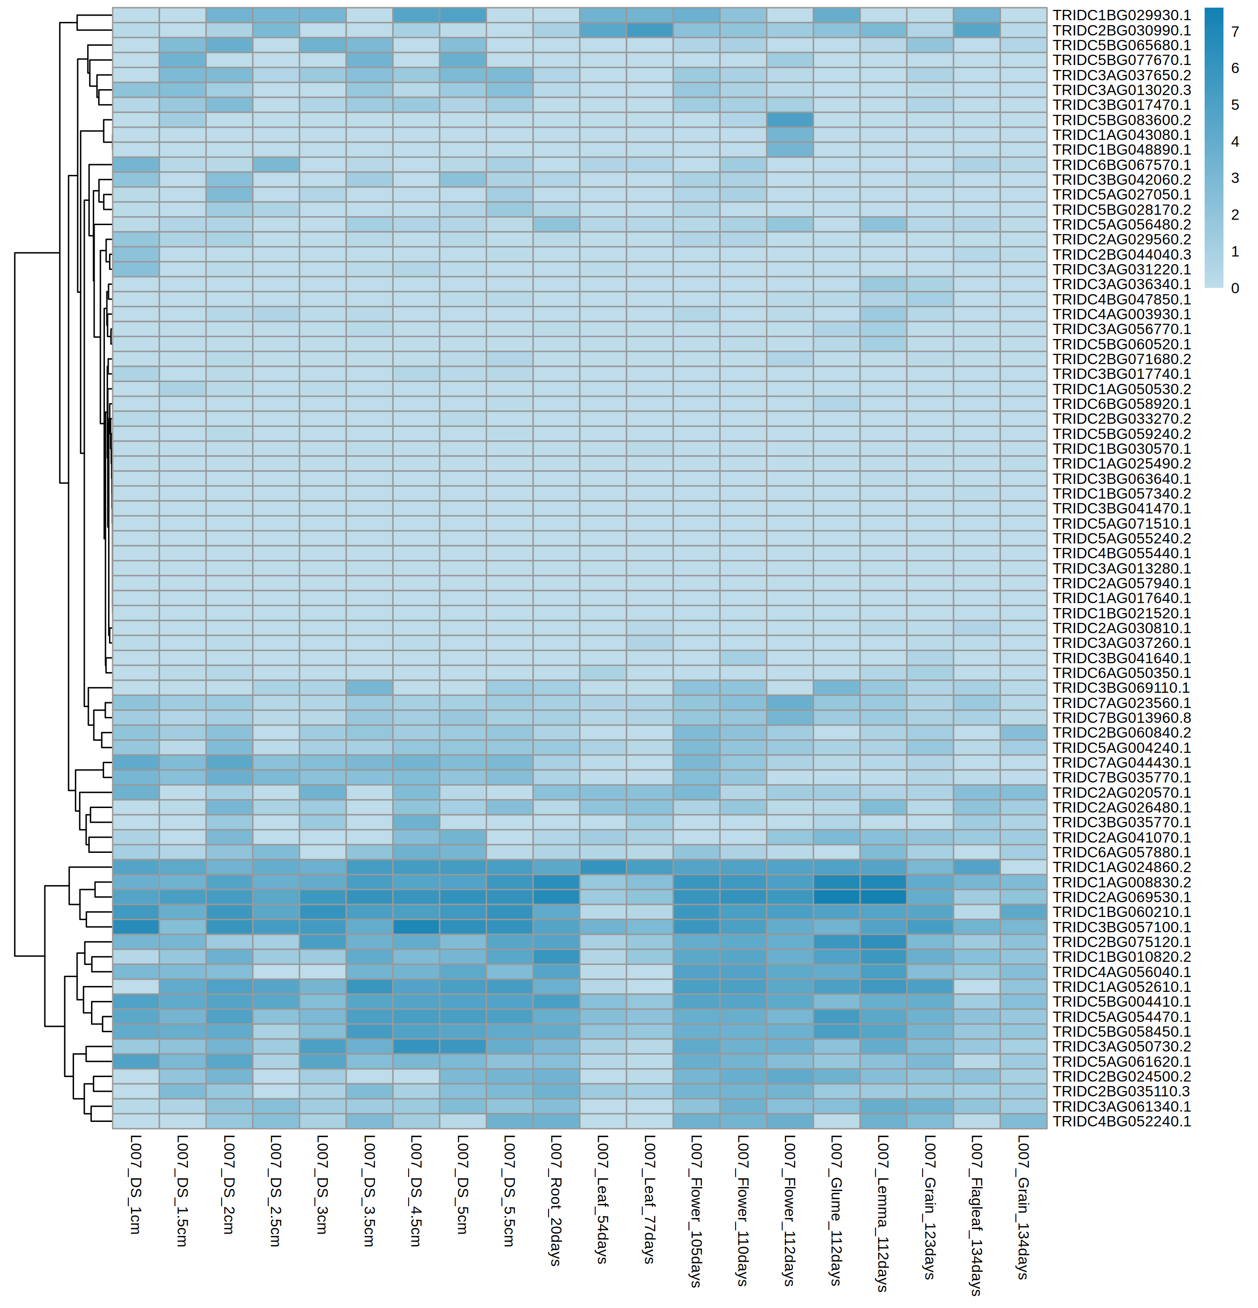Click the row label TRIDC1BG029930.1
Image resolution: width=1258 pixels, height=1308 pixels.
point(1121,15)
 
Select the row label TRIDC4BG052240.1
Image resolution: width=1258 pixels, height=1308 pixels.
point(1121,1121)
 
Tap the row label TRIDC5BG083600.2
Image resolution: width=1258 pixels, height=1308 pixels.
point(1121,120)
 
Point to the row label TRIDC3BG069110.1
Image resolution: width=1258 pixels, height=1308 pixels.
point(1121,688)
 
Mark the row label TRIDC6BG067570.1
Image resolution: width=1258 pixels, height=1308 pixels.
point(1121,165)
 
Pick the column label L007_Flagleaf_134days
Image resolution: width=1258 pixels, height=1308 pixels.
point(976,1215)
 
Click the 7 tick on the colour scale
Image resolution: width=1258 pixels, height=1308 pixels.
point(1235,32)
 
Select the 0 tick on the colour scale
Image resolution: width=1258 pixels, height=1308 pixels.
point(1235,288)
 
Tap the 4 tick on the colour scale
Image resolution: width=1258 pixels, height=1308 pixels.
point(1235,142)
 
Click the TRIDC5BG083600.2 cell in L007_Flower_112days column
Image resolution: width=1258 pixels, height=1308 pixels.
point(789,120)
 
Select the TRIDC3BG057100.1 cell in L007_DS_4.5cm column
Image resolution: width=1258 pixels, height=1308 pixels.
point(416,927)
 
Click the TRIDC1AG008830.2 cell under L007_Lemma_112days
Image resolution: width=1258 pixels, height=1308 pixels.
point(883,882)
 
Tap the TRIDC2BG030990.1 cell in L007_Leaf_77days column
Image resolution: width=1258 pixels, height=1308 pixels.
point(649,30)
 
